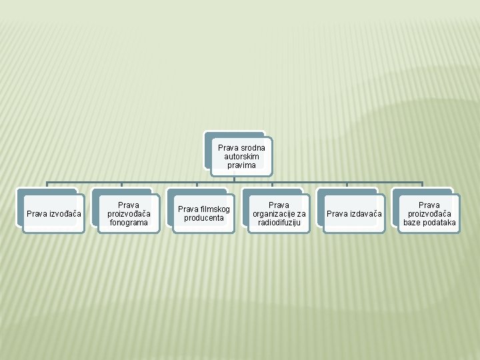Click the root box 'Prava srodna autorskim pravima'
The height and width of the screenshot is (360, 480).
point(241,156)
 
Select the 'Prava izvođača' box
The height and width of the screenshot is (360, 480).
point(53,213)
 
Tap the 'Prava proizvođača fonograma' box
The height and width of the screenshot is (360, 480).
point(129,213)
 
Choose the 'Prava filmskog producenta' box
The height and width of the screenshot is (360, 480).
point(204,213)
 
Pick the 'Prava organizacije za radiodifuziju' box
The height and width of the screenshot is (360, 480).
point(279,213)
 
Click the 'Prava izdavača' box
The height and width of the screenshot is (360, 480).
point(354,213)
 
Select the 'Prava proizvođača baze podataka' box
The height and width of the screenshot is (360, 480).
point(429,213)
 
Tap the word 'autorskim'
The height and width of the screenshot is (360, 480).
point(241,156)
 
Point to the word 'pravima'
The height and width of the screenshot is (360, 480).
point(241,165)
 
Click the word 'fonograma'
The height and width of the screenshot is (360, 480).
point(129,222)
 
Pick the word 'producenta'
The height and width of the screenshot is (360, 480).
point(204,218)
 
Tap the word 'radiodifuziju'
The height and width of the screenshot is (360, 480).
point(279,222)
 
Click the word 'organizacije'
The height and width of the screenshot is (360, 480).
point(273,213)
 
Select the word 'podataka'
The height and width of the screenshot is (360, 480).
point(439,222)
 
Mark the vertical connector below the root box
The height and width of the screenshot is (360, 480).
point(235,179)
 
